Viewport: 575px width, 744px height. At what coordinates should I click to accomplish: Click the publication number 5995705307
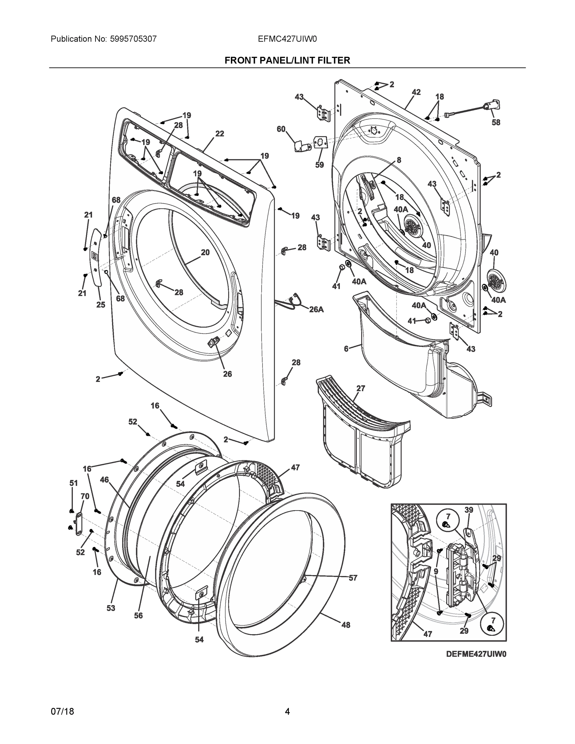[133, 39]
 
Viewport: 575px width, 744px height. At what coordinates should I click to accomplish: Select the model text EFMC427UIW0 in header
[287, 39]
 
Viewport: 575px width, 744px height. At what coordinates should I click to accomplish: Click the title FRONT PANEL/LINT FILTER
[287, 60]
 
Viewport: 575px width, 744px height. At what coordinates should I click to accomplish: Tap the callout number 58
[496, 122]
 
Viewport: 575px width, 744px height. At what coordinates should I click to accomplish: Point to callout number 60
[281, 129]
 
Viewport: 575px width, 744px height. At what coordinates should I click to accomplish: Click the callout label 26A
[316, 309]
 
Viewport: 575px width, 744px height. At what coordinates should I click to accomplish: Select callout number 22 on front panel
[220, 134]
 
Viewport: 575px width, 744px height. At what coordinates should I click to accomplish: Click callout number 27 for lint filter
[361, 388]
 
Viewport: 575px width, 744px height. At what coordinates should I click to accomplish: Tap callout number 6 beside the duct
[346, 348]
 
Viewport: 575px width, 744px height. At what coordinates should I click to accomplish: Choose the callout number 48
[346, 625]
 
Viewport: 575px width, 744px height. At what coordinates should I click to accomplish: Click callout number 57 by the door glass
[353, 578]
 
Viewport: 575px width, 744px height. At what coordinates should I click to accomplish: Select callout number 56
[138, 615]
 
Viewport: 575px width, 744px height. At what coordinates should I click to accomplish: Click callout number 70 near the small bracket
[85, 496]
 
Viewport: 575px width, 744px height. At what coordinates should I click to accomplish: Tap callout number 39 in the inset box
[469, 510]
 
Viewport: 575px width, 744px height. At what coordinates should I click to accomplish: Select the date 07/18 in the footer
[62, 711]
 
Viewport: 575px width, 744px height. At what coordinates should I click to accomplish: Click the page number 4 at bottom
[287, 711]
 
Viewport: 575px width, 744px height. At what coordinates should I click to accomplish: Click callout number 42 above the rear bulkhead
[416, 92]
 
